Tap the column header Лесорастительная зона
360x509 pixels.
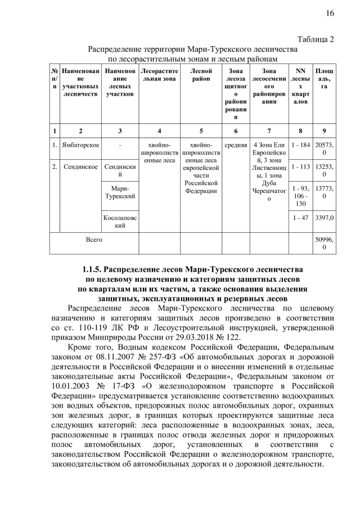[159, 75]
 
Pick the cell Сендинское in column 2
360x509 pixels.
[81, 168]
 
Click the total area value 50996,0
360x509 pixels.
[325, 243]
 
